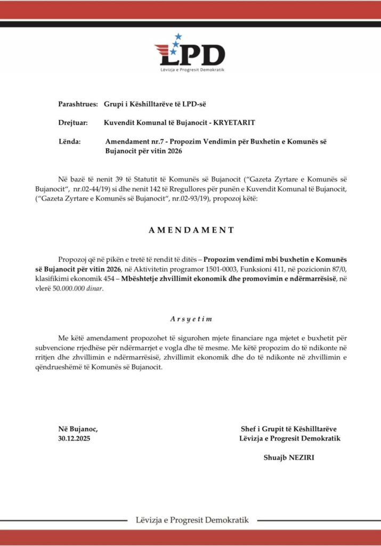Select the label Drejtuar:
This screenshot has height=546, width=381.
tap(73, 123)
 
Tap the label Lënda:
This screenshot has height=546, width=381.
tap(69, 142)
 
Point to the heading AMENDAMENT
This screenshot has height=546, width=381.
tap(190, 230)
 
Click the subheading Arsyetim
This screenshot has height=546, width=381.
tap(191, 318)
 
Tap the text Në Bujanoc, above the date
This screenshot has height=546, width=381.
tap(78, 429)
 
